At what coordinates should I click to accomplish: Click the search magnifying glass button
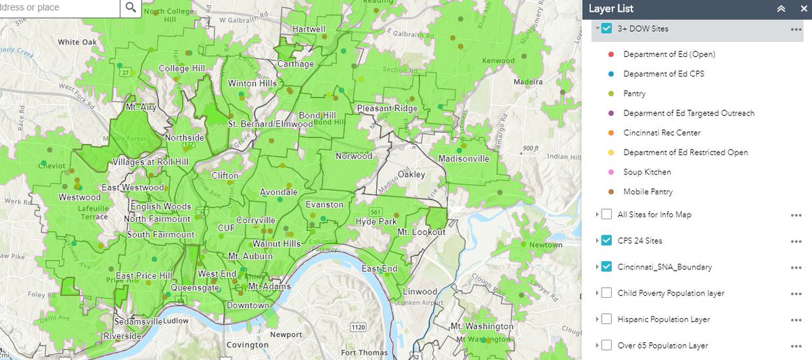point(131,7)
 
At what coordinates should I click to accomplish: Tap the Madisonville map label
point(464,159)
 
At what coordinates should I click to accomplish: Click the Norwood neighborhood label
point(354,156)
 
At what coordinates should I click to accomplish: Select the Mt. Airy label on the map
point(141,107)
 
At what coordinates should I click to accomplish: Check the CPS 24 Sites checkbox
point(606,241)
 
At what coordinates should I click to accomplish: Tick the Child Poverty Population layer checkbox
point(606,293)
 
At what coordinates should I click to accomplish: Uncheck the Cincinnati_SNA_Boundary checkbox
point(606,267)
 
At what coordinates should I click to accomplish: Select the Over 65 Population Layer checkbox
point(606,345)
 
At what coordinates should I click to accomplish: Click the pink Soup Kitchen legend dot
point(610,173)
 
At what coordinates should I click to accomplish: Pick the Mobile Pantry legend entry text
point(648,192)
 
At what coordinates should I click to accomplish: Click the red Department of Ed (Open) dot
point(610,54)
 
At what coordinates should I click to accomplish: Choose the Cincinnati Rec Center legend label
point(662,133)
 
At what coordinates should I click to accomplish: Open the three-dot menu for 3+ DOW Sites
point(796,29)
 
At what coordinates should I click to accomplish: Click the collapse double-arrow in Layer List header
point(780,9)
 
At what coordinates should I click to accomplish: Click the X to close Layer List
point(800,9)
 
